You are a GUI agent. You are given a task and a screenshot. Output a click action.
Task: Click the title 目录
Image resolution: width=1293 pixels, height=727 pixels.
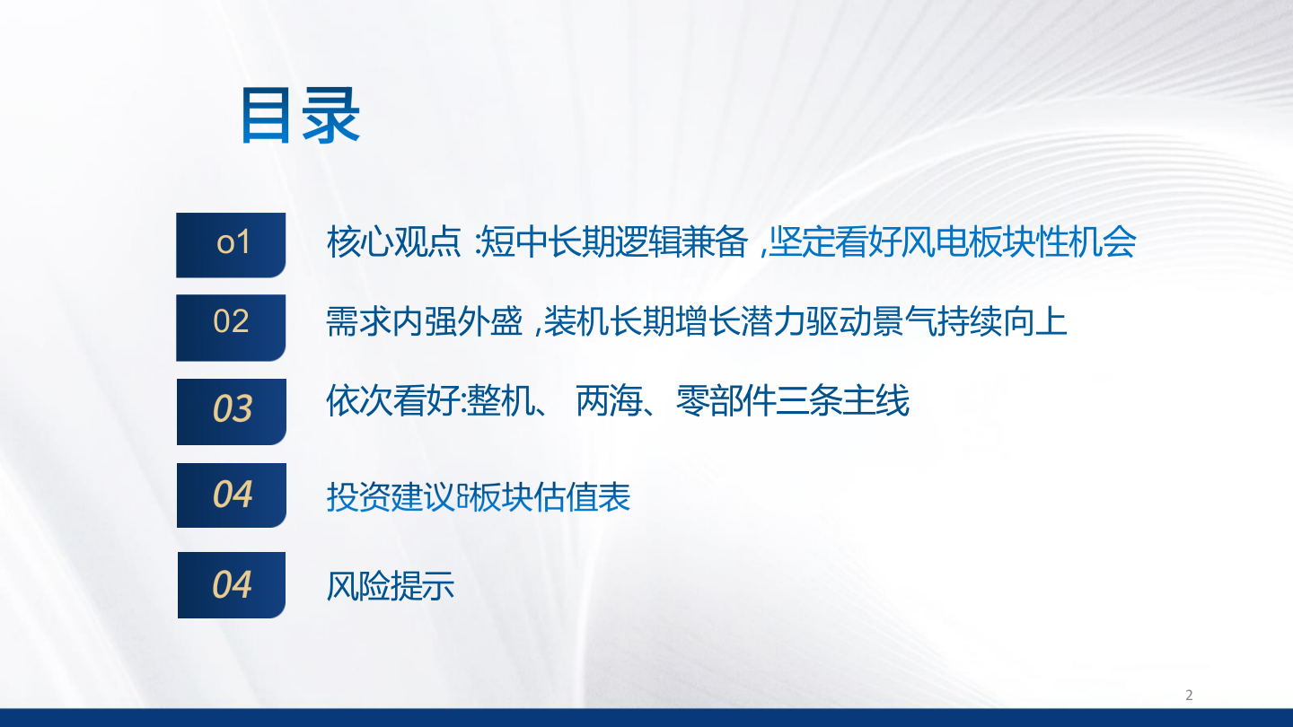(x=300, y=117)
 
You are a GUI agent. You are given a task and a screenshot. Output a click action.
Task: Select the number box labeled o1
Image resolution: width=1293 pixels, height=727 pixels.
(x=232, y=243)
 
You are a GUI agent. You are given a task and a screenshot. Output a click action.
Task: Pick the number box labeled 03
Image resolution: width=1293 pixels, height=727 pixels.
(x=232, y=409)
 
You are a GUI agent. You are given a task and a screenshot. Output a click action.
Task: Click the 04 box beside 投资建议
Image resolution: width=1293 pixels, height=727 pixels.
(x=232, y=495)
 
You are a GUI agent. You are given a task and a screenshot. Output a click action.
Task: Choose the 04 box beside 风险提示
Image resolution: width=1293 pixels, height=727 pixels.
(x=232, y=584)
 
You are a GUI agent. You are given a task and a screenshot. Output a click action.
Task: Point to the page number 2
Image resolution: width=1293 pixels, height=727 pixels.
(x=1189, y=695)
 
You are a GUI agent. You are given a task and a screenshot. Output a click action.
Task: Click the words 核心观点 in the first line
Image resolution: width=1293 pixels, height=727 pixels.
(x=392, y=242)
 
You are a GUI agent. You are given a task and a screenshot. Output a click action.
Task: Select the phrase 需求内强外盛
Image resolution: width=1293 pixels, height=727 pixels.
(x=424, y=321)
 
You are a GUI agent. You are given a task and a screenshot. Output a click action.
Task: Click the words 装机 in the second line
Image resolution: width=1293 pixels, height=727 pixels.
(x=576, y=321)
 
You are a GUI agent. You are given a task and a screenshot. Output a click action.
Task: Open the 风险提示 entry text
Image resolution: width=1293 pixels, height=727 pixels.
(x=391, y=585)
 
